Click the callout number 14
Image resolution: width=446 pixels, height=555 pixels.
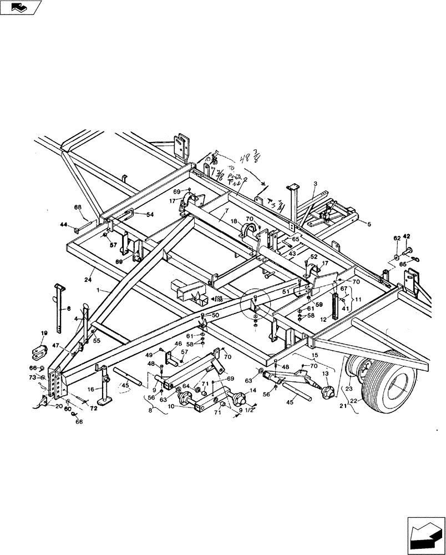(x=254, y=390)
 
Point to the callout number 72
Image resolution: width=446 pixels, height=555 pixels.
(x=94, y=408)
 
